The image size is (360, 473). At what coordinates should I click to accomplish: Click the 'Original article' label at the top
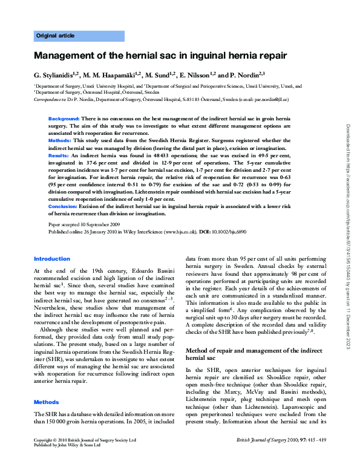coord(56,36)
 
